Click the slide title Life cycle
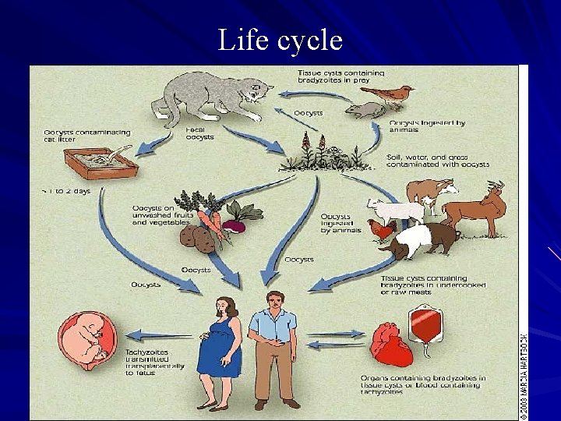[x=280, y=39]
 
